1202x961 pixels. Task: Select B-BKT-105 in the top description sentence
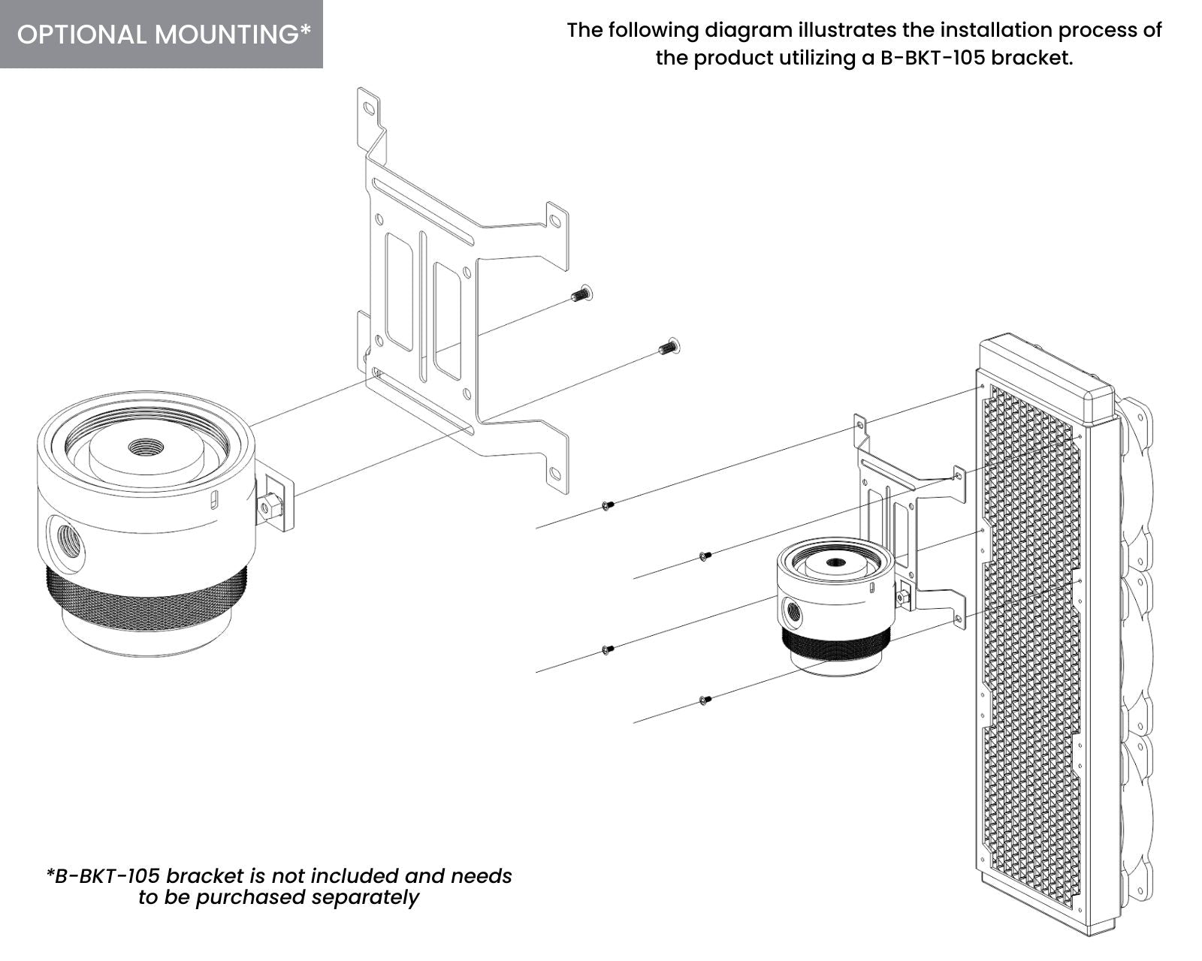point(932,58)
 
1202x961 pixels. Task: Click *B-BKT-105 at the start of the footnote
point(103,875)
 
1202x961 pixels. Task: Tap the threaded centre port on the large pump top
point(140,447)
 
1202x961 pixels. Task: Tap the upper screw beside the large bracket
point(581,294)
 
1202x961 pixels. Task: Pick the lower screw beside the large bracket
point(668,346)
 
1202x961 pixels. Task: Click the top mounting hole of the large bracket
point(368,107)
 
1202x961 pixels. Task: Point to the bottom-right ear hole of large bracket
point(554,472)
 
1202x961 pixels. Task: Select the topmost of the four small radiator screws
point(608,506)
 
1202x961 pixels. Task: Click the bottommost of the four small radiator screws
point(704,700)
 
